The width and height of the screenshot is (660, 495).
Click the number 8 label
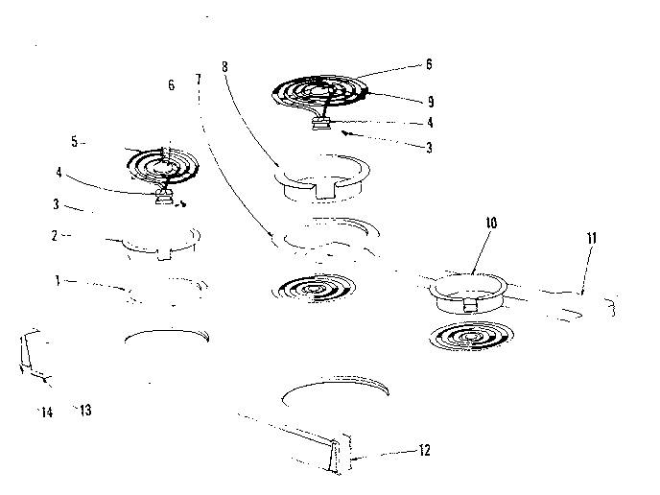(224, 67)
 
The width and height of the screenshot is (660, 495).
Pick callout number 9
(429, 99)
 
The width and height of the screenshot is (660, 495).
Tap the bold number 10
(490, 222)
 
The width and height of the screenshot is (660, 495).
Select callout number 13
(85, 411)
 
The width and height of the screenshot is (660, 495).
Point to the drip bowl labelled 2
(158, 245)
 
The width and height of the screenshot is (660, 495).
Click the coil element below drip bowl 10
(469, 338)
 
